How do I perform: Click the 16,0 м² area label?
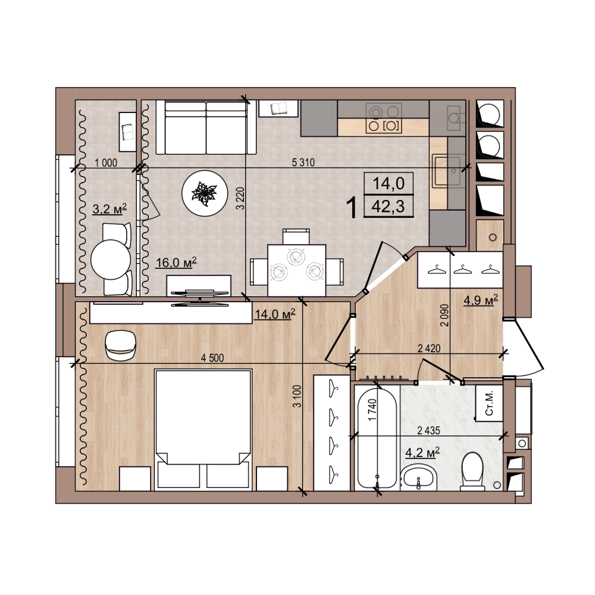[176, 262]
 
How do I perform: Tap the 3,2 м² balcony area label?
[109, 208]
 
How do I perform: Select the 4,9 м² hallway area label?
[481, 300]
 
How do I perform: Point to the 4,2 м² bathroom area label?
[422, 452]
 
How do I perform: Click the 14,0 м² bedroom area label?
[275, 314]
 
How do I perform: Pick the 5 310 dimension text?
[303, 162]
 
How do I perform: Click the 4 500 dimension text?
[212, 358]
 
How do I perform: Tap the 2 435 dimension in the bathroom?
[428, 431]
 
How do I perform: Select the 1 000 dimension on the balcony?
[106, 163]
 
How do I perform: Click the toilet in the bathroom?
[472, 471]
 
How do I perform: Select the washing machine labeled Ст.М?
[490, 403]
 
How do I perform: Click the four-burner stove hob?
[384, 118]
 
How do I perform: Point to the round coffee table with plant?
[205, 193]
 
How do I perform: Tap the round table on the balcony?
[111, 259]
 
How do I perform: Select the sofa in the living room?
[206, 127]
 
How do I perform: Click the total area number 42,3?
[388, 207]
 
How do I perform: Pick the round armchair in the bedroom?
[120, 345]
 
